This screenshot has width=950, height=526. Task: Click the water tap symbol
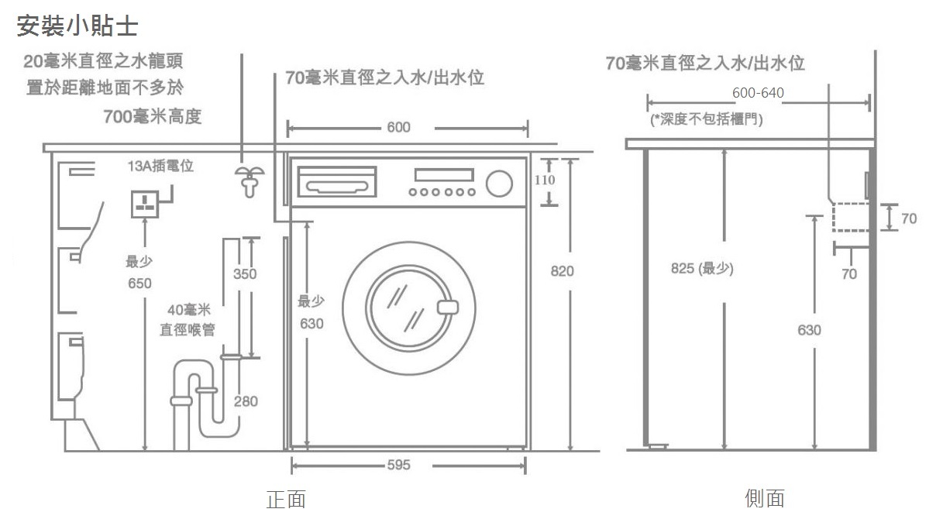[249, 180]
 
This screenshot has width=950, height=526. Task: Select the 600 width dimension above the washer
[398, 127]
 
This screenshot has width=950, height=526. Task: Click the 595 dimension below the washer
[398, 466]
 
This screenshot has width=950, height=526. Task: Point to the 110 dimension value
[546, 180]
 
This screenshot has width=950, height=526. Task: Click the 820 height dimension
[562, 271]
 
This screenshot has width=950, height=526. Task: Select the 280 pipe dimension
[246, 401]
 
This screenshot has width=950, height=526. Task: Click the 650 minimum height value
[139, 284]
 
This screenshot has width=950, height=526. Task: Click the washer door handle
[448, 307]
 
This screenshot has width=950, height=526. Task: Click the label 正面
[286, 500]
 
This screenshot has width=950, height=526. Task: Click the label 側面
[764, 499]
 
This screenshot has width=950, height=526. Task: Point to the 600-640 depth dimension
[758, 94]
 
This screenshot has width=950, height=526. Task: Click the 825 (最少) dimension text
[701, 269]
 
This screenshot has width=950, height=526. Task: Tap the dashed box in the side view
[851, 217]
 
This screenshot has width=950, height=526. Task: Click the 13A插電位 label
[160, 167]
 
